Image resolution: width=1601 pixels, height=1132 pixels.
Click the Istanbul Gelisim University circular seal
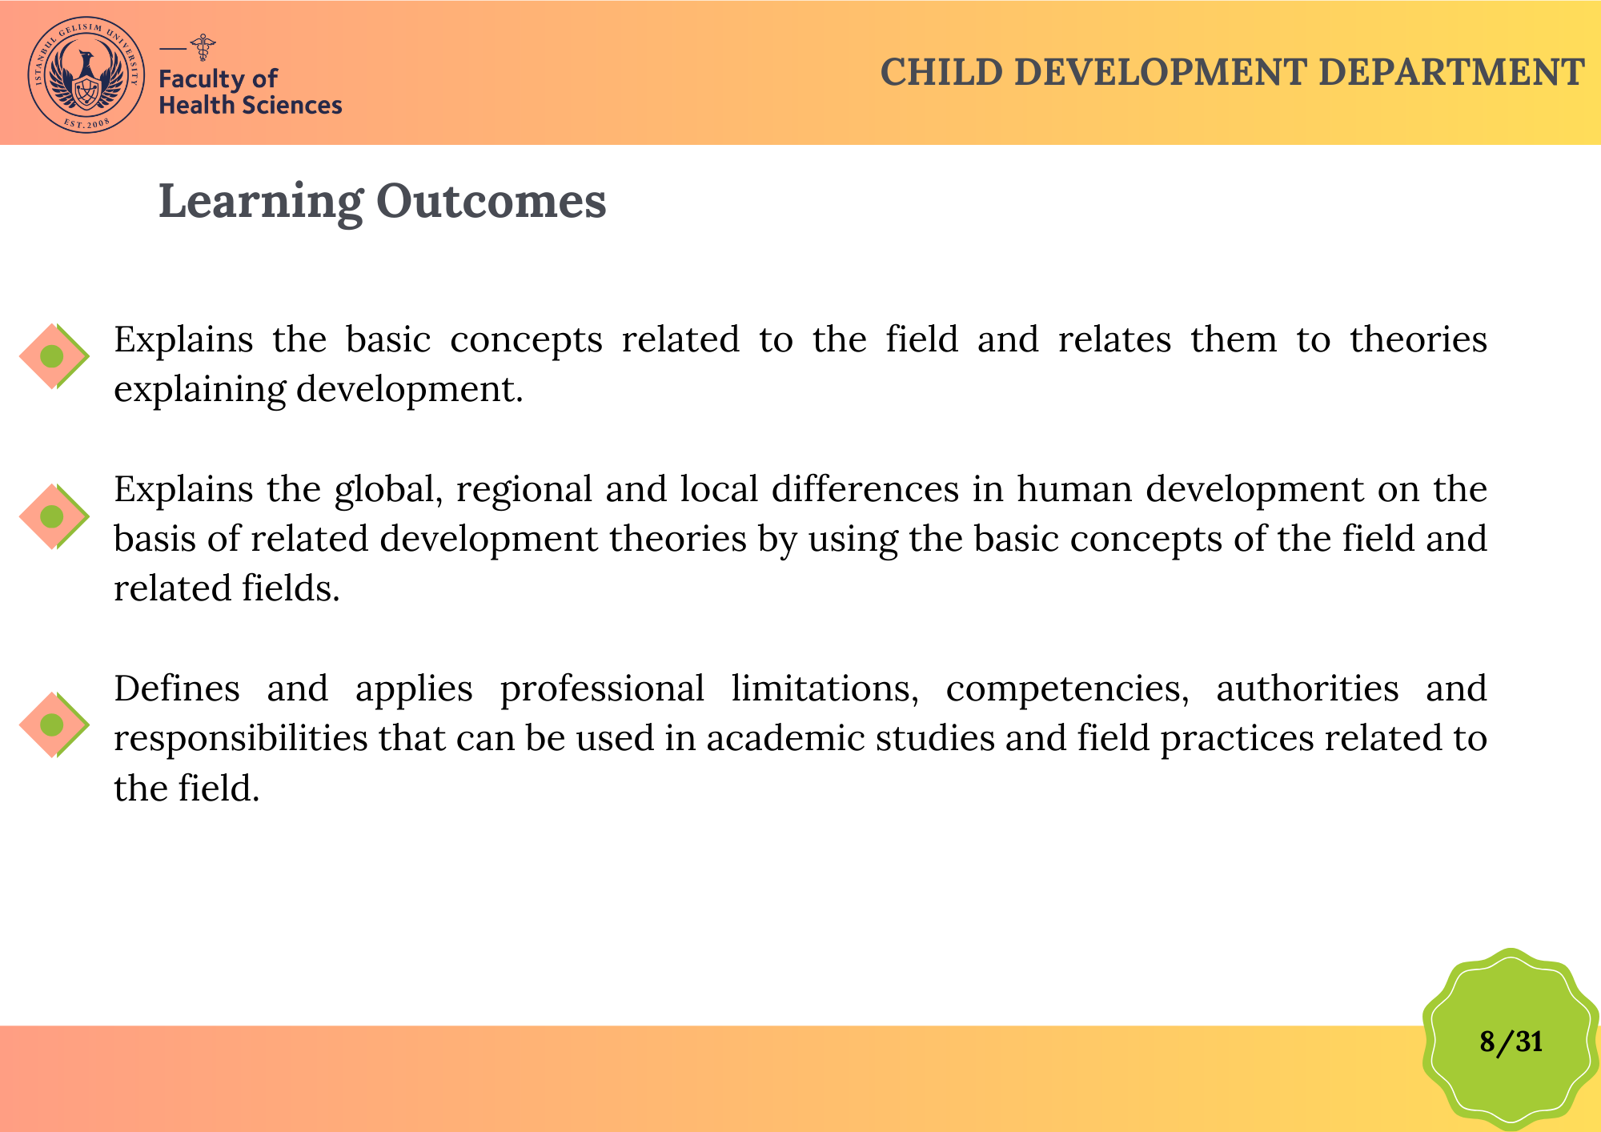[86, 74]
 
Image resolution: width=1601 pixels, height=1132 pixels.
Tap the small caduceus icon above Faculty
[203, 47]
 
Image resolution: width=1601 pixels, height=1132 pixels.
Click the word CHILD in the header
[941, 72]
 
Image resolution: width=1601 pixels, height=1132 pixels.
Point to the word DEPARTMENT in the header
[1451, 72]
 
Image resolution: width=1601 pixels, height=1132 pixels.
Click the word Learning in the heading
[261, 202]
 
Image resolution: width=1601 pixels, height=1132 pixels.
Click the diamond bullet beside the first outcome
[54, 356]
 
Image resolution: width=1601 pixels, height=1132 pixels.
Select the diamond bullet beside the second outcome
[54, 516]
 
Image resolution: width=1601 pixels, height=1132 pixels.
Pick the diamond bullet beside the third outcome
[54, 725]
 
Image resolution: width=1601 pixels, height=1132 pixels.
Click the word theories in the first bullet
[1418, 339]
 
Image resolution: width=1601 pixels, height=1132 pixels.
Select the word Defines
[177, 688]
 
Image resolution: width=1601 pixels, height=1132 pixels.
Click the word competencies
[1067, 690]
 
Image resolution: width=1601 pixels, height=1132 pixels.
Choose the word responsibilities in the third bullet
[241, 739]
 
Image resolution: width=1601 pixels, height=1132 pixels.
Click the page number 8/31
[1511, 1042]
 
